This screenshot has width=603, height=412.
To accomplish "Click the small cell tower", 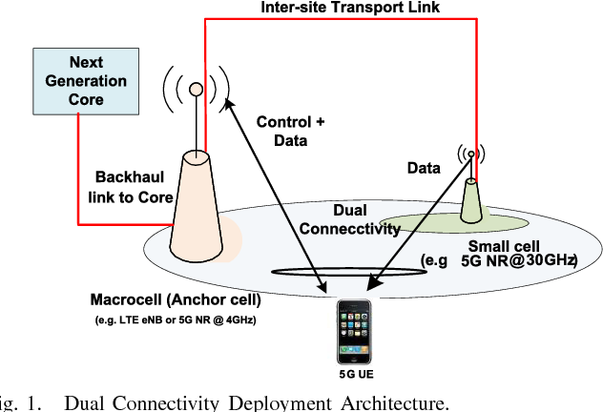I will (x=471, y=201).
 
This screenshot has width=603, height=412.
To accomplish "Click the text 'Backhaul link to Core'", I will (x=133, y=187).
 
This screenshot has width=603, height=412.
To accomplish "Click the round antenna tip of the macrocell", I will (x=196, y=89).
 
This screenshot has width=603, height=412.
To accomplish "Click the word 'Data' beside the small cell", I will (x=423, y=169).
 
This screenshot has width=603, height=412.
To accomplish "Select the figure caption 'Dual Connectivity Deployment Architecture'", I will (x=256, y=402).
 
